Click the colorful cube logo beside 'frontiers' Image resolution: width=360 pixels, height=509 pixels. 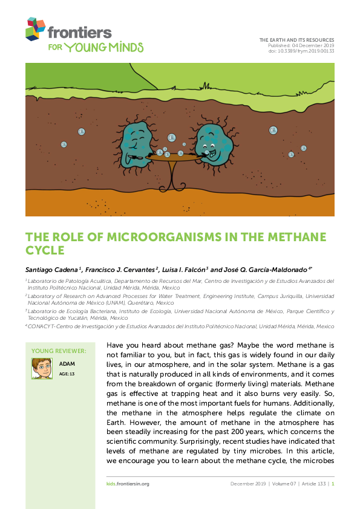click(36, 28)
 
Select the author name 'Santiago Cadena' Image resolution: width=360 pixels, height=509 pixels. click(46, 269)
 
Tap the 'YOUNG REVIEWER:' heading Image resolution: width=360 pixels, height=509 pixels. click(59, 351)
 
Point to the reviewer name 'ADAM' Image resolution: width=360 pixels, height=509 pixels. click(66, 364)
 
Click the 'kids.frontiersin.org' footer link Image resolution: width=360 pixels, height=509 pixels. click(123, 484)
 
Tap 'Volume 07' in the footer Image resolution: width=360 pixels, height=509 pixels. click(280, 484)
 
